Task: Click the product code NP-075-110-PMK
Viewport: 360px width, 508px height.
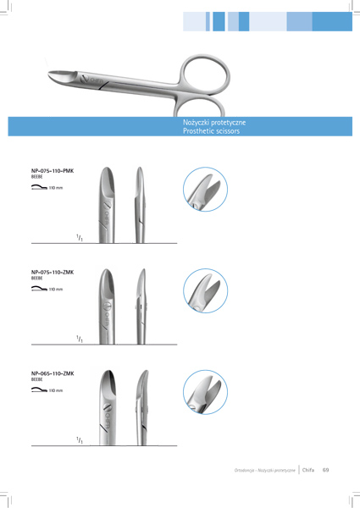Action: pos(53,171)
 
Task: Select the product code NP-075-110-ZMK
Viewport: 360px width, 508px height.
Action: pos(53,272)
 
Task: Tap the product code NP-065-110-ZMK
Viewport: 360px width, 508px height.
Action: pos(53,373)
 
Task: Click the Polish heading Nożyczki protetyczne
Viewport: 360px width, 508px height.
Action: pos(214,123)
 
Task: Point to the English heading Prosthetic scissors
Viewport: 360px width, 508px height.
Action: pos(211,131)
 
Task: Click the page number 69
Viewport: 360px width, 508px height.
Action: pos(325,470)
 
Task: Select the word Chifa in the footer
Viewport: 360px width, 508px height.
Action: pos(308,470)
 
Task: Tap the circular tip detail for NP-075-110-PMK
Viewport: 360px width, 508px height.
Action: pos(206,190)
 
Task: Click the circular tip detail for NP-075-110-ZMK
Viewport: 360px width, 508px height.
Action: pos(206,291)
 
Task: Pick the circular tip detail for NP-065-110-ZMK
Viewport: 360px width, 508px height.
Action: pos(206,392)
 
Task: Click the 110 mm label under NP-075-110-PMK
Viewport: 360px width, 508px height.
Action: pos(56,188)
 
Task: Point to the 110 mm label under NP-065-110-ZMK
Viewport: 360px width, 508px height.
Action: pos(56,390)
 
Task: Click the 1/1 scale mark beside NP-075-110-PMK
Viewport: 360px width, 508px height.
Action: pos(80,238)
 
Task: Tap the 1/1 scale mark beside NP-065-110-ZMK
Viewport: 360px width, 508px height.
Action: pos(80,440)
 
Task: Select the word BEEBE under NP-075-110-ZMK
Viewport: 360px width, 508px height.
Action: pos(37,279)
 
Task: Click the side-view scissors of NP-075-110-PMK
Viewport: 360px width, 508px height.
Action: pos(140,205)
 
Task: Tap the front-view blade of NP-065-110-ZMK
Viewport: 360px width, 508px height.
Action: pos(108,407)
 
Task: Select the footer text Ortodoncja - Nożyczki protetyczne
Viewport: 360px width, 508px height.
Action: pos(265,470)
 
